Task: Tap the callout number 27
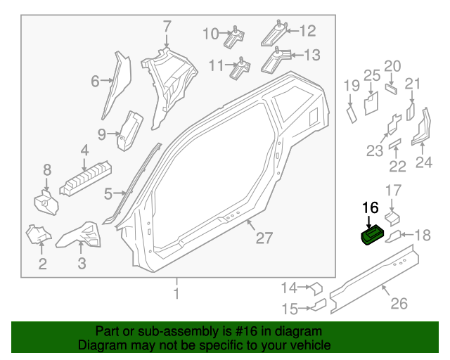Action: [x=263, y=238]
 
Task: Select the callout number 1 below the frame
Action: [x=177, y=292]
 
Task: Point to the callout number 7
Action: [x=167, y=28]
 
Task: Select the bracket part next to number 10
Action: [x=234, y=38]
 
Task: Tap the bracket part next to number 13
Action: [x=276, y=60]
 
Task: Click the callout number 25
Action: [x=371, y=76]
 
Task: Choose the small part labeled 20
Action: [x=392, y=89]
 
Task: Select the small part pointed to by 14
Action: [x=316, y=288]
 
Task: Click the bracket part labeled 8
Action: [x=45, y=202]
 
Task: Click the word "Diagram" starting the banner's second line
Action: [x=99, y=345]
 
